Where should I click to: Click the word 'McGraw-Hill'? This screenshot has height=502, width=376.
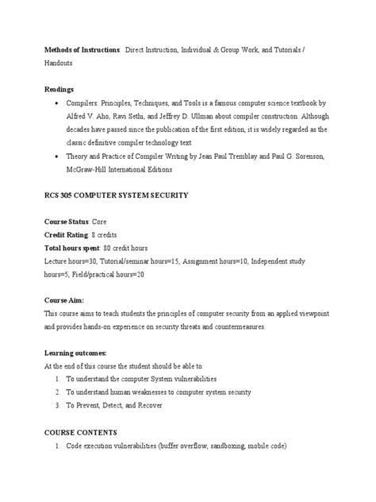coord(94,168)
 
